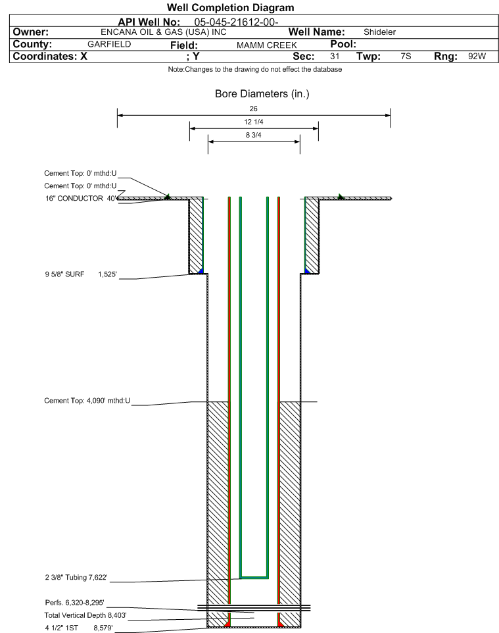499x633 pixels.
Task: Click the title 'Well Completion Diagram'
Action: click(x=230, y=8)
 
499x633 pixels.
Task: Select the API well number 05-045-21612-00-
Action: click(x=237, y=22)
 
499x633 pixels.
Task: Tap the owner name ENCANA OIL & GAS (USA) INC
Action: click(x=164, y=32)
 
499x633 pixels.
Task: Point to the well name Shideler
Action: click(x=379, y=32)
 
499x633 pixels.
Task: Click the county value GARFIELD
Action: click(x=109, y=44)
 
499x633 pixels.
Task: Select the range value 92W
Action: click(x=477, y=57)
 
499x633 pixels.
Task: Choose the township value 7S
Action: click(x=406, y=57)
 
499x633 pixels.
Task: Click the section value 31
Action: click(x=335, y=57)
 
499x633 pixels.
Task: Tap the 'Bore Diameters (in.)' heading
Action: click(x=262, y=94)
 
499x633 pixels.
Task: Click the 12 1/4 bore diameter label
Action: click(x=254, y=123)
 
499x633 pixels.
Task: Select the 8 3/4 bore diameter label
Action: click(x=254, y=136)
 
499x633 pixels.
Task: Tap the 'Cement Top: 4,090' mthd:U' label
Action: click(x=87, y=400)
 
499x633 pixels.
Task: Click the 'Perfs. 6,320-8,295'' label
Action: click(x=75, y=603)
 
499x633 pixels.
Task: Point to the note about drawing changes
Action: click(x=254, y=70)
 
